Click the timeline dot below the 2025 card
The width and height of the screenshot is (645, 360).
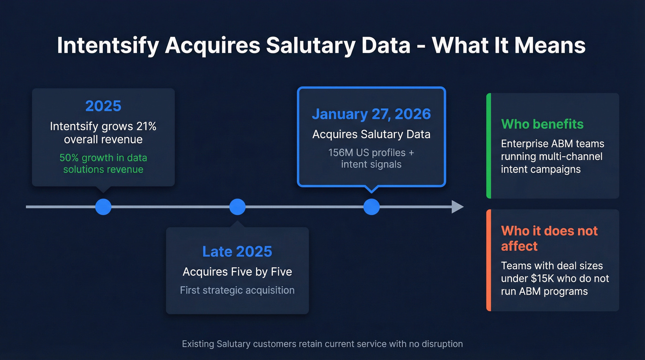point(103,207)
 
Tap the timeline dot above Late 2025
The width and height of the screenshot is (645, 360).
point(237,207)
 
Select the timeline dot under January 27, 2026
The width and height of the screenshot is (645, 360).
point(371,207)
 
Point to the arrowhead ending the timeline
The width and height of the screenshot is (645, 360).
point(457,207)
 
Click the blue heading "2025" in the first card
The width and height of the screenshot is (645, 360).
point(103,106)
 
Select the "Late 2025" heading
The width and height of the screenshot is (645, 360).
point(237,252)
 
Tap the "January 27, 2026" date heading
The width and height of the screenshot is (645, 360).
point(371,114)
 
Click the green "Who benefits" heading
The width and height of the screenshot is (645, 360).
point(542,124)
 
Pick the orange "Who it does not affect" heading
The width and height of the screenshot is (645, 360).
point(549,238)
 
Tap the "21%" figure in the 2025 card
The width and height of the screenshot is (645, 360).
point(147,126)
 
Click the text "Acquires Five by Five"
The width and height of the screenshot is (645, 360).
point(237,272)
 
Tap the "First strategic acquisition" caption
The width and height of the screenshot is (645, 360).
point(237,290)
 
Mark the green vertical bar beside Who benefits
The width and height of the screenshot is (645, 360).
point(489,146)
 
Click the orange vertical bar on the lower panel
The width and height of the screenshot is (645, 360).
point(489,260)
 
